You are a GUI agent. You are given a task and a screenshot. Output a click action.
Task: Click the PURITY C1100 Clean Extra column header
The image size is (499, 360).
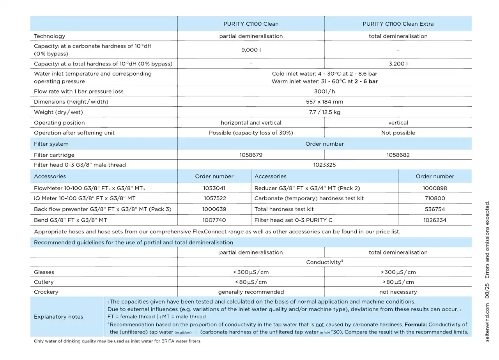point(398,24)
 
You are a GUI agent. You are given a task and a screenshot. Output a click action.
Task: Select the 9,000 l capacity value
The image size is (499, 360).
point(251,50)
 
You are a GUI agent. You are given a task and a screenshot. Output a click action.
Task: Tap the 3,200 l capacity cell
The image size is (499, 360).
point(398,64)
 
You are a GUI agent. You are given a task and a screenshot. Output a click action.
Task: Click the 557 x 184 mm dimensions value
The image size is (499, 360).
point(324,102)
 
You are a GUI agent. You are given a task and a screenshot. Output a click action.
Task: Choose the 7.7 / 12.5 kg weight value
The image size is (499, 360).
point(324,112)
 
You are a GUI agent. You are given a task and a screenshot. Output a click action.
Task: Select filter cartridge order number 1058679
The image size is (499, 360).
point(251,155)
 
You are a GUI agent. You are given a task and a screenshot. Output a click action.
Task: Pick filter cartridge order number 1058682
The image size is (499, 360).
point(398,155)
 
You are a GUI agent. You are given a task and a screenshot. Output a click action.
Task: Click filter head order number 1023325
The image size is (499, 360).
point(324,165)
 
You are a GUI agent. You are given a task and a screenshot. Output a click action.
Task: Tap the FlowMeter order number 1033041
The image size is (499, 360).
point(214,188)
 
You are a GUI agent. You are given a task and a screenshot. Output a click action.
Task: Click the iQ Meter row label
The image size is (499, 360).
point(85,198)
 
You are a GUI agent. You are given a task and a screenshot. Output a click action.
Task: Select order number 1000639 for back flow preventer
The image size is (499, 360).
point(214,209)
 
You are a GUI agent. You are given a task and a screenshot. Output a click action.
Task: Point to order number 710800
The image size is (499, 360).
point(435,198)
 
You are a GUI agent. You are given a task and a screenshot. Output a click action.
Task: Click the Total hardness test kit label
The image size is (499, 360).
point(284,209)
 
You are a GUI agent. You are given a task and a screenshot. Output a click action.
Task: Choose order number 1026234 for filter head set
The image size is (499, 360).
point(435,220)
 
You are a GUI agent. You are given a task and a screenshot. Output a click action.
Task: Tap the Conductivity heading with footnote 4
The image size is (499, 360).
point(324,262)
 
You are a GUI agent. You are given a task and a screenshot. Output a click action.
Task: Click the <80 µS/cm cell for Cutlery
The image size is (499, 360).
point(251,282)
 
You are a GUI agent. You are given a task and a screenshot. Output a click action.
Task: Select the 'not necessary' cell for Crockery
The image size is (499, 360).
point(398,292)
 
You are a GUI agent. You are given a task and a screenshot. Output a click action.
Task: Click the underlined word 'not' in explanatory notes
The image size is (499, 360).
point(320,325)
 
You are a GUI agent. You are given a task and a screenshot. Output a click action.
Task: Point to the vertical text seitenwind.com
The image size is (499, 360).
point(487,323)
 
